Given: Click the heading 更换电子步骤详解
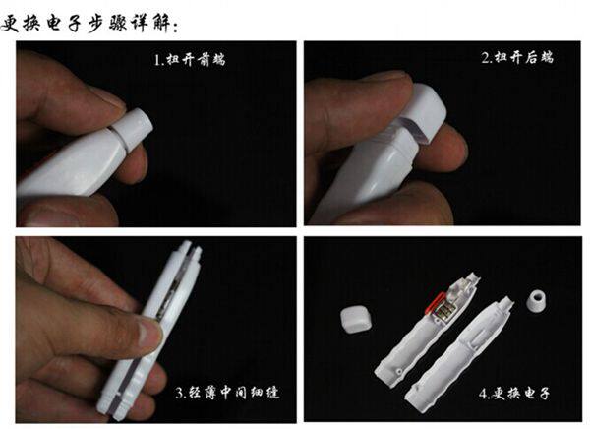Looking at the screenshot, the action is [x=89, y=24].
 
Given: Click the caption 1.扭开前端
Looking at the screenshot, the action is [x=190, y=59].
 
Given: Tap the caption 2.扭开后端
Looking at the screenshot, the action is [x=517, y=58].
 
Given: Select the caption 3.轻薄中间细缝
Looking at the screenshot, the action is [x=228, y=393].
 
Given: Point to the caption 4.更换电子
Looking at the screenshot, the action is [x=514, y=394].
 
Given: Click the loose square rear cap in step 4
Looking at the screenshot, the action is [x=356, y=319].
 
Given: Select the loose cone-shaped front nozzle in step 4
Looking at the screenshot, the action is [x=537, y=300].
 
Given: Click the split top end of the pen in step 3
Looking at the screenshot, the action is [x=190, y=252].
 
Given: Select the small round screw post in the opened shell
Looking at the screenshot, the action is [x=398, y=372].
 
